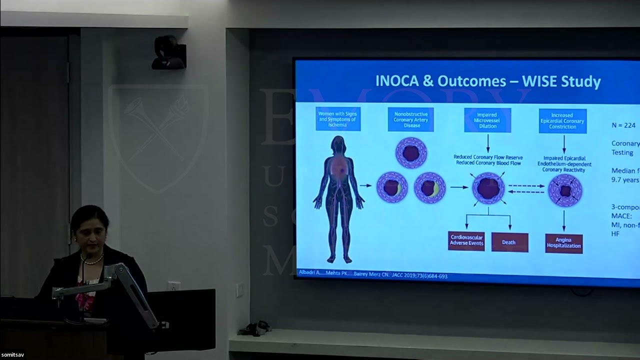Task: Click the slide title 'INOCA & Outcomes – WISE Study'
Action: [487, 81]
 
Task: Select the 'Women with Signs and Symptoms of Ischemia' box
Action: [338, 119]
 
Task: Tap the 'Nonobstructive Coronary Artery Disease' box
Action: [410, 119]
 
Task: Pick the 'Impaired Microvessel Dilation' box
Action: [487, 120]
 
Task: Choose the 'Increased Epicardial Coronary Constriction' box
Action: [562, 120]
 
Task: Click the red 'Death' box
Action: [509, 242]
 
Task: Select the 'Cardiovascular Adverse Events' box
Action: [466, 241]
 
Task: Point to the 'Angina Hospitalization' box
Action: [564, 243]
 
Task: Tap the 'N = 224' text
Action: [623, 125]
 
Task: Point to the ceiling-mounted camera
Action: [169, 53]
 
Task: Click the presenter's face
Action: [89, 229]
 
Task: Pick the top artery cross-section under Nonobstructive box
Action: [410, 153]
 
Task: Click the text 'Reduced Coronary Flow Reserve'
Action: [487, 156]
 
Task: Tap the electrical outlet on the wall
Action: [173, 286]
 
